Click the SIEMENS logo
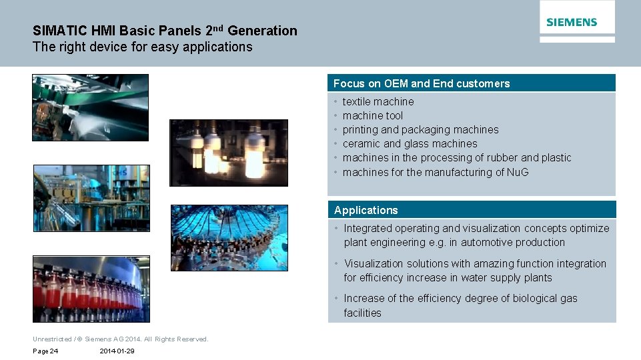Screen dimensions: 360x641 point(572,23)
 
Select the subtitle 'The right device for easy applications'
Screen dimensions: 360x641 point(143,47)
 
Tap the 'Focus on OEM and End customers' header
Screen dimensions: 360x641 point(421,83)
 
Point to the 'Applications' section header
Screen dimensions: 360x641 point(366,210)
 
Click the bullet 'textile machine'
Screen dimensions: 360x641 point(378,101)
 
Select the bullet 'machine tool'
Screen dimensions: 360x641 point(372,115)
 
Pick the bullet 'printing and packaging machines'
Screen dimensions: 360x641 point(420,129)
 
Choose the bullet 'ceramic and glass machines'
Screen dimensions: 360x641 point(410,143)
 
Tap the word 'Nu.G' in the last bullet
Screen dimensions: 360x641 point(517,172)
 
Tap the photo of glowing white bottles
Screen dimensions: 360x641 point(229,153)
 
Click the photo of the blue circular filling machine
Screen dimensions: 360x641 point(229,237)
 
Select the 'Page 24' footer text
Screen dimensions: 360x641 point(45,351)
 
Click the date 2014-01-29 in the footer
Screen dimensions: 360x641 point(117,351)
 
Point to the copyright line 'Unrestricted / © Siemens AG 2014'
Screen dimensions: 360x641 point(120,339)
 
